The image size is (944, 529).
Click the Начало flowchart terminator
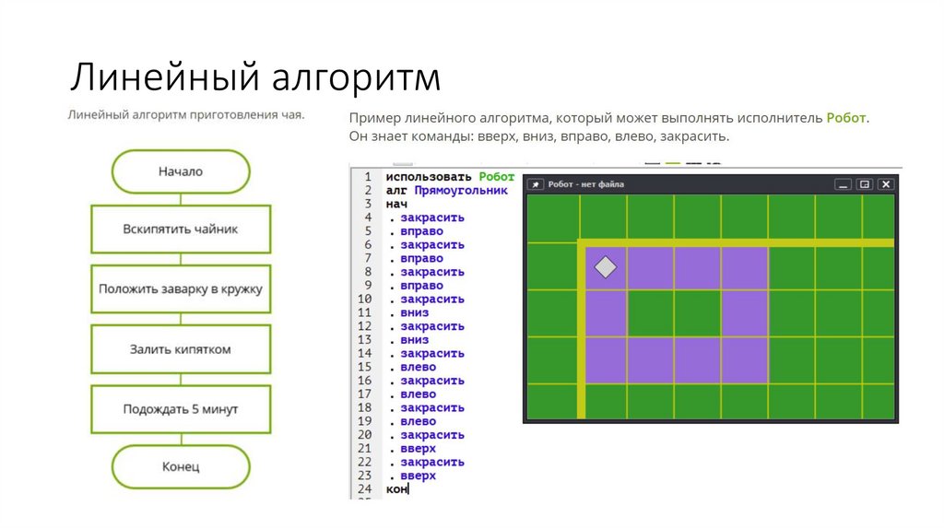(x=181, y=171)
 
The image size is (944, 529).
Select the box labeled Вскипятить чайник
(x=181, y=229)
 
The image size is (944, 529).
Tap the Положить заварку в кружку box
(x=181, y=288)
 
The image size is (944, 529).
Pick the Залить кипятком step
(x=181, y=349)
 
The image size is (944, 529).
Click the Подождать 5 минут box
(x=181, y=409)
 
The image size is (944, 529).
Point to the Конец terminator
(x=181, y=466)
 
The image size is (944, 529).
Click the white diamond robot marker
(x=606, y=267)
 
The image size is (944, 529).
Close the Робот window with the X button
(x=886, y=184)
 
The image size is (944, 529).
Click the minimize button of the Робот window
(x=843, y=184)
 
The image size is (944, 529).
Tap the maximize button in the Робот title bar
(x=865, y=184)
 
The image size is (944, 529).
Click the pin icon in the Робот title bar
(x=536, y=184)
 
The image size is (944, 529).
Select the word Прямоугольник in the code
(x=461, y=191)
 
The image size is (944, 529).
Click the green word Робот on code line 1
(x=497, y=177)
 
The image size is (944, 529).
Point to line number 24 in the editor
(x=365, y=488)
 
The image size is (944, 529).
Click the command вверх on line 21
(x=418, y=448)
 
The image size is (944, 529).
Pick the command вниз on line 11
(x=414, y=312)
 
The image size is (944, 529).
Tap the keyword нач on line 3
(x=396, y=204)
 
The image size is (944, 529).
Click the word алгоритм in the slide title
(x=356, y=77)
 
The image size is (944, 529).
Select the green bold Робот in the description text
(x=846, y=118)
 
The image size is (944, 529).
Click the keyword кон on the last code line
(x=396, y=488)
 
